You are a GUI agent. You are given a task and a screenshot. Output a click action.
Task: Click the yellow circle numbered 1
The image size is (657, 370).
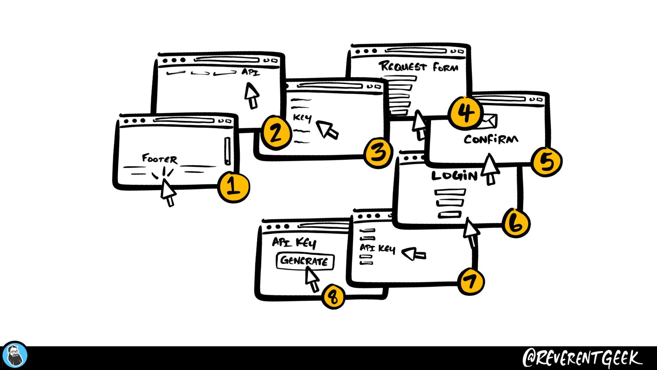234,187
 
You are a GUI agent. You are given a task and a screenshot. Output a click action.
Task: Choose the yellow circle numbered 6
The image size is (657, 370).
516,223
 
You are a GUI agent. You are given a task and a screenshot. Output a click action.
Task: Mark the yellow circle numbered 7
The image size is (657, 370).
471,282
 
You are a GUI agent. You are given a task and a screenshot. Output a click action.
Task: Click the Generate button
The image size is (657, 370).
305,261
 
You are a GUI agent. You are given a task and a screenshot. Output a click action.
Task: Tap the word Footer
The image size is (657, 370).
160,159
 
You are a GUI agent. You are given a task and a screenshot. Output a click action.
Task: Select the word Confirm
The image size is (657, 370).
491,139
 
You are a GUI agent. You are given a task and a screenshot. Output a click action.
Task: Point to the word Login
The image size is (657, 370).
454,176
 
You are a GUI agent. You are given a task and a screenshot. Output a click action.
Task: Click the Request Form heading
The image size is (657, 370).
418,66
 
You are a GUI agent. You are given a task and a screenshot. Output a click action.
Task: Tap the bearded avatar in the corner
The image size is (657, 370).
14,356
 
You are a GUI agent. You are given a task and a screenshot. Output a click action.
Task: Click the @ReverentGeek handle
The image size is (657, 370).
582,358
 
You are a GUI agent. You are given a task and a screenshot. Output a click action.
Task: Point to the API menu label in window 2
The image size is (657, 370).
251,72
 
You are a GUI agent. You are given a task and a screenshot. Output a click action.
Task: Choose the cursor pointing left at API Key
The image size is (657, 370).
413,254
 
